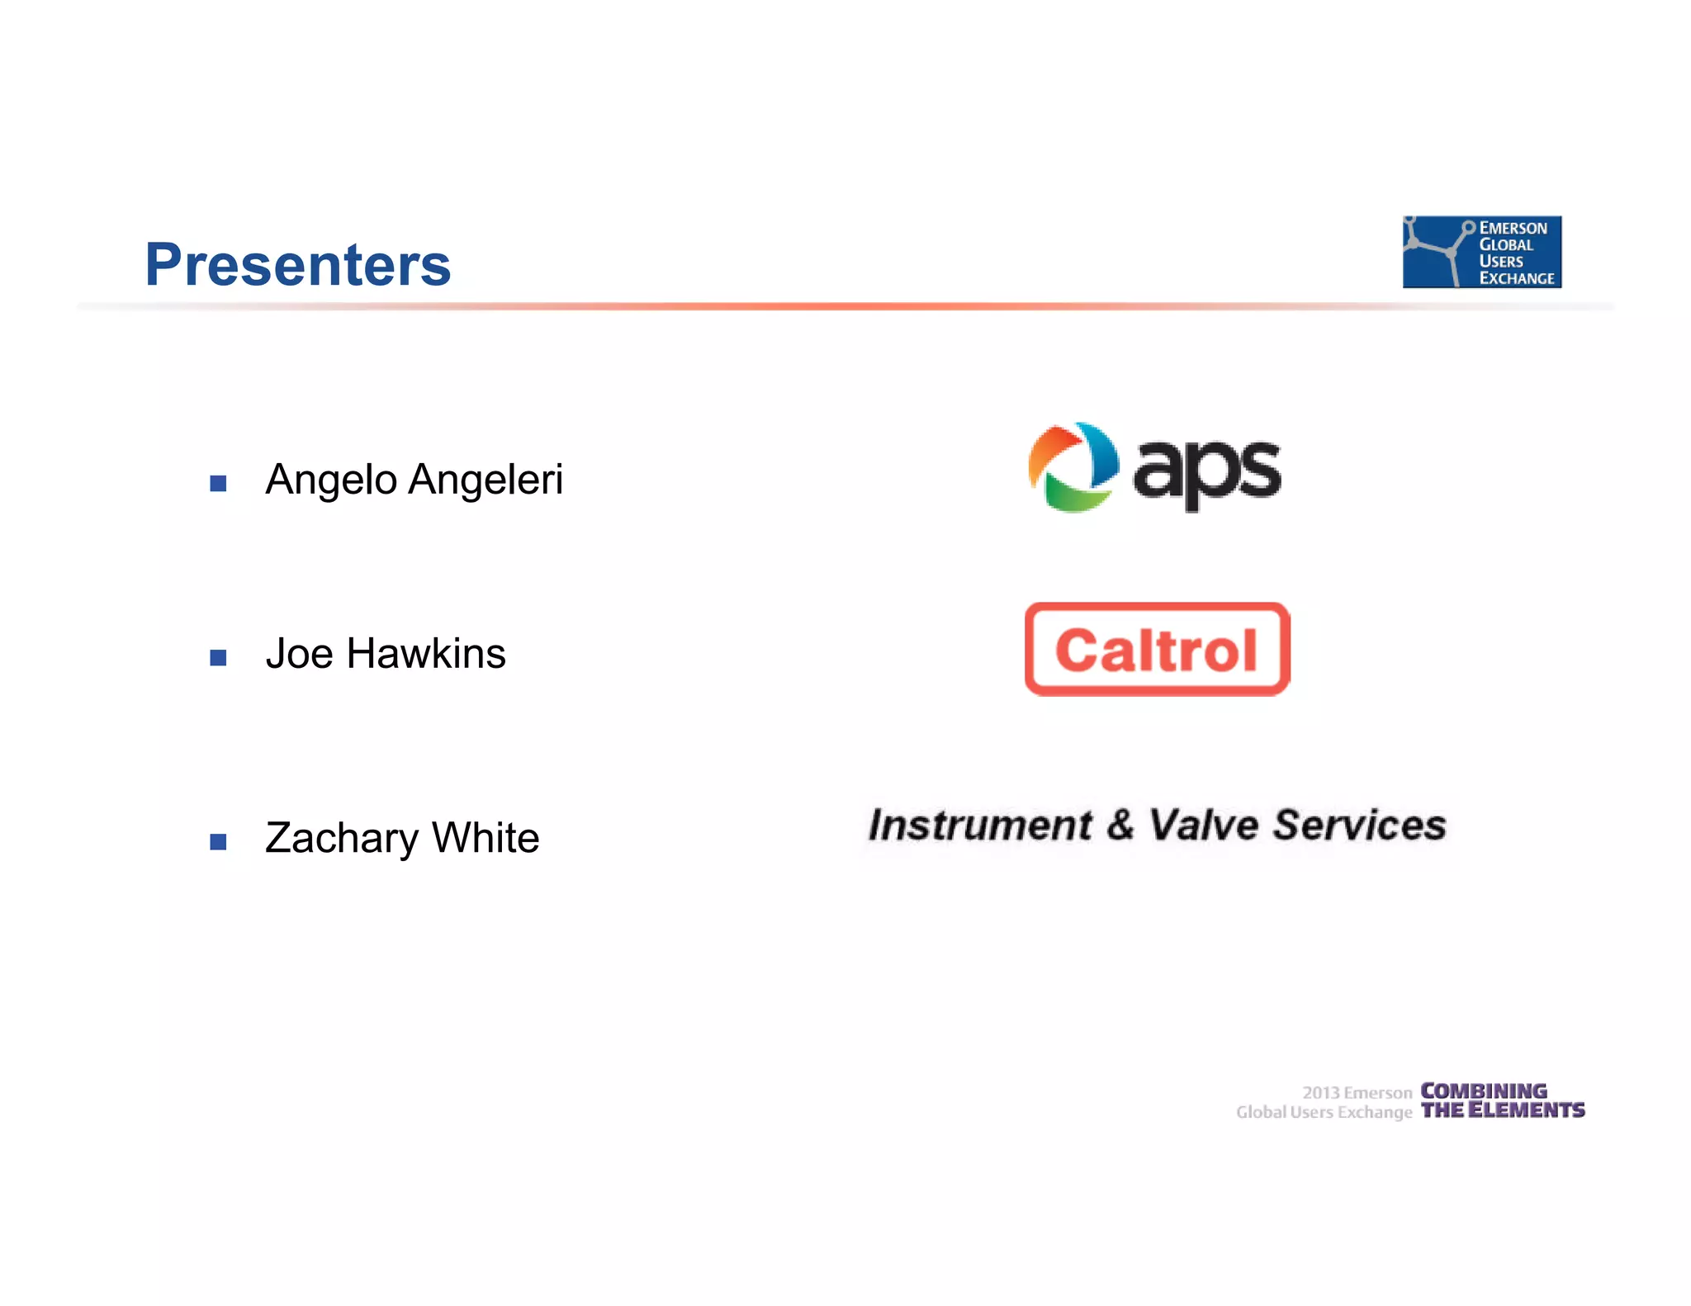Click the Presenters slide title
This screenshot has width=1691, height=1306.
[297, 265]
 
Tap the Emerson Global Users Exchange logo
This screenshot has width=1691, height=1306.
[1481, 252]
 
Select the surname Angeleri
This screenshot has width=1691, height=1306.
[486, 479]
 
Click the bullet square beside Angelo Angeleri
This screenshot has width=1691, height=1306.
[218, 484]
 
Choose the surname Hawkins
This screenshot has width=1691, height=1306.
[425, 654]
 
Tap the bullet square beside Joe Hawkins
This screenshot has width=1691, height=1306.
[218, 658]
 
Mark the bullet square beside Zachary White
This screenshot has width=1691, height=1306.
[218, 842]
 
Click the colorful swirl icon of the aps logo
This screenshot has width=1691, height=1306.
[1073, 467]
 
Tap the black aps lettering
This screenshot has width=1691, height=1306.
[1206, 472]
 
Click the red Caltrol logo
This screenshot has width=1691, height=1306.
[1157, 650]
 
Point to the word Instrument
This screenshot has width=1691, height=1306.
[980, 826]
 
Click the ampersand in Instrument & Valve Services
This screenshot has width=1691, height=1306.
[1120, 826]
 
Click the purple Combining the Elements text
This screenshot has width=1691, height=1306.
[1501, 1100]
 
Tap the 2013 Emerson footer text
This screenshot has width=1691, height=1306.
[1357, 1092]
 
